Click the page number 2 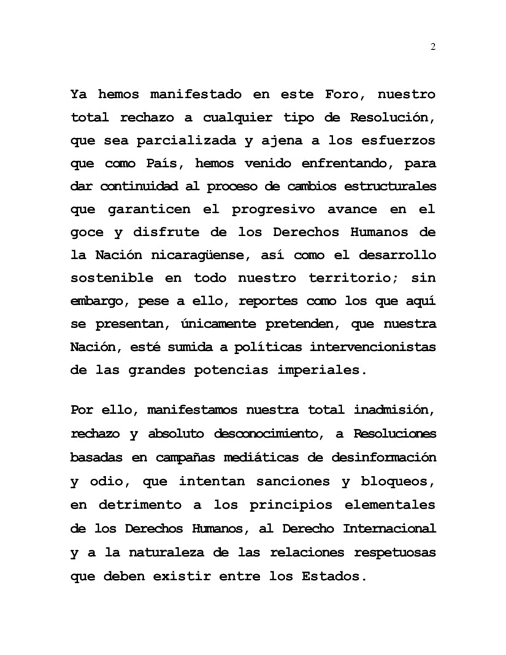click(x=433, y=48)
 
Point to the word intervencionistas click(x=372, y=347)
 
